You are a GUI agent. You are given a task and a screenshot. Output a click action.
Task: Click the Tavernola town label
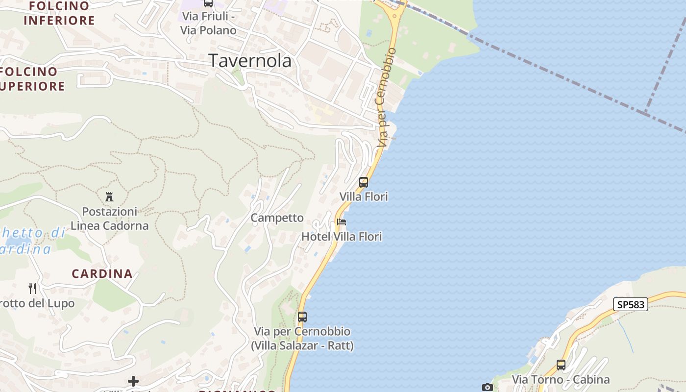(250, 60)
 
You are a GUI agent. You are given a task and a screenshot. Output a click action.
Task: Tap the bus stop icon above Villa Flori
(364, 182)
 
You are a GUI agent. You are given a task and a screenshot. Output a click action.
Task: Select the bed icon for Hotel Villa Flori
(342, 222)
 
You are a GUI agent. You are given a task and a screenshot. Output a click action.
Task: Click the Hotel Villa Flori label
(342, 237)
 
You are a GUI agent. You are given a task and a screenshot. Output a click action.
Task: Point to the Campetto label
(277, 218)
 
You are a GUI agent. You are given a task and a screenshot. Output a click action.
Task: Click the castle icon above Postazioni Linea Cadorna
(109, 197)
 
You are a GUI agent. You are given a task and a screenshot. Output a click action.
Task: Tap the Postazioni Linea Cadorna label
(109, 219)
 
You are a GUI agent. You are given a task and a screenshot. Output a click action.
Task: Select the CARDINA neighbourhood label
(102, 273)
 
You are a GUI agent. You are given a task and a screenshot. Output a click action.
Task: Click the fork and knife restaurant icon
(32, 288)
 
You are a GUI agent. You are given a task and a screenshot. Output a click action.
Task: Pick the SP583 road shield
(631, 304)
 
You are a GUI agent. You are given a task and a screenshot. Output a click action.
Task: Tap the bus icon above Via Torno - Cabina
(561, 365)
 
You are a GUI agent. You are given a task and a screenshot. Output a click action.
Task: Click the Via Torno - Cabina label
(561, 379)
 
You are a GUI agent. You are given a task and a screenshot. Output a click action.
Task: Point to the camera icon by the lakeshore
(487, 388)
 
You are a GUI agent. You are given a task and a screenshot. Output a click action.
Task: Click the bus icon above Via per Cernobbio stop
(302, 317)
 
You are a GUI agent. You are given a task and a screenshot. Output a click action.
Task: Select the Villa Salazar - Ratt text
(302, 345)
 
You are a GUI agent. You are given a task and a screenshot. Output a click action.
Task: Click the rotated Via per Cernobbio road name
(386, 98)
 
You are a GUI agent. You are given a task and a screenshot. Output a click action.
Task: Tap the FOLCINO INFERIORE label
(59, 13)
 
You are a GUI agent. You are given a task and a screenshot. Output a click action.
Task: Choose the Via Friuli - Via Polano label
(208, 23)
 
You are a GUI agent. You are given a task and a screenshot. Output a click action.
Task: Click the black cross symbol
(133, 381)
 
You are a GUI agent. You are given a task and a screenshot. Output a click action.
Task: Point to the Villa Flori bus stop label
(364, 196)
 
